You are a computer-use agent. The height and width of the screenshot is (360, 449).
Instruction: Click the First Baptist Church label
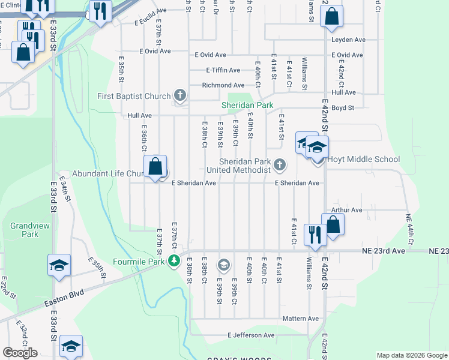tap(134, 96)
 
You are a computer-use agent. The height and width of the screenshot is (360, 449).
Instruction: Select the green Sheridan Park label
tap(247, 105)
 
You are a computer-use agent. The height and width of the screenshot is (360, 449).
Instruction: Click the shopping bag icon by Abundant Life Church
tap(155, 166)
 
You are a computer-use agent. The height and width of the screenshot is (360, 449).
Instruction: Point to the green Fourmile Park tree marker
tap(174, 261)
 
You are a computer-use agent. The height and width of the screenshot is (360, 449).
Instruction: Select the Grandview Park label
tap(24, 230)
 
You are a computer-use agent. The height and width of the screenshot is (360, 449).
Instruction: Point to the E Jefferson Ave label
tap(251, 335)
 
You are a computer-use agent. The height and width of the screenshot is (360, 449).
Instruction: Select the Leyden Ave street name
tap(348, 40)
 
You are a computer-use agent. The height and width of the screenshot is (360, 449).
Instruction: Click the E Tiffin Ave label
tap(223, 70)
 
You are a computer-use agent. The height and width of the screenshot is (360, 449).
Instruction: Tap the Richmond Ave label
tap(223, 85)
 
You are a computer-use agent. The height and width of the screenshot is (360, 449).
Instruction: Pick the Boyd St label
tap(343, 108)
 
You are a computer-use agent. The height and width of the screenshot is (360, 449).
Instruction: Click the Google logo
tap(20, 353)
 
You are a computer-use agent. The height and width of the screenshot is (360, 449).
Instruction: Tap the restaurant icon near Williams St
tap(315, 234)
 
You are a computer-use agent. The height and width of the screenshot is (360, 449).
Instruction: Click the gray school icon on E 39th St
tap(223, 264)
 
